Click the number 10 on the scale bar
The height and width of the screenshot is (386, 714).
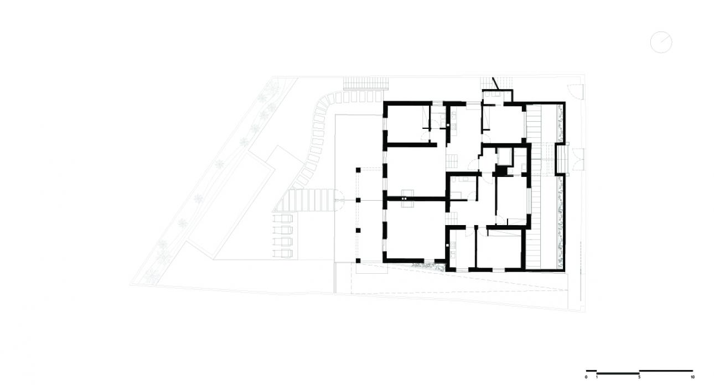point(692,377)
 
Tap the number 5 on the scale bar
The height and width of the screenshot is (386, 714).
point(639,377)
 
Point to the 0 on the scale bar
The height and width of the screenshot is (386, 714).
point(586,377)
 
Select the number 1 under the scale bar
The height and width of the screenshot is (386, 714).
point(597,377)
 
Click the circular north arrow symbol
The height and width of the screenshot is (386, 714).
point(661,42)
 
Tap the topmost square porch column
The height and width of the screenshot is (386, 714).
point(358,170)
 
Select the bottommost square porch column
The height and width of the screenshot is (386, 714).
point(358,260)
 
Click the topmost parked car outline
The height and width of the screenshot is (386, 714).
point(283,218)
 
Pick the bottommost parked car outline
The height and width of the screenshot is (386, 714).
point(283,253)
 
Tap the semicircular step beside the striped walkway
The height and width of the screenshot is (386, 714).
point(340,200)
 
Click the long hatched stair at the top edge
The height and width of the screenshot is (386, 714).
point(366,84)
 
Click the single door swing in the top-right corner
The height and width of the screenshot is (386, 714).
point(575,91)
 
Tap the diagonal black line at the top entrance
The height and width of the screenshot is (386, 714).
point(496,84)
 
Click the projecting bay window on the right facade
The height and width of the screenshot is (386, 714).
point(562,159)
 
